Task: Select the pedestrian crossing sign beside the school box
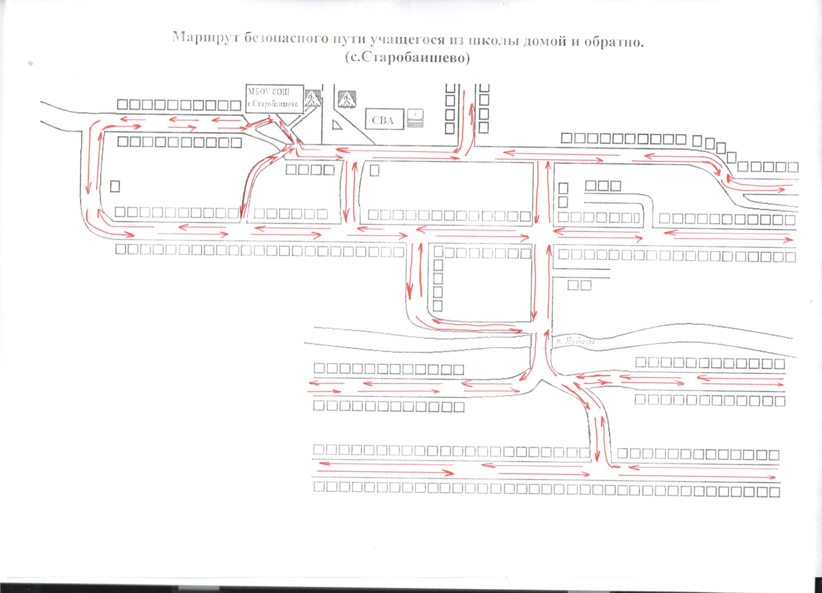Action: point(313,99)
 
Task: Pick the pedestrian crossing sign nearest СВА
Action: point(347,100)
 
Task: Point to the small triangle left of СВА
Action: point(337,124)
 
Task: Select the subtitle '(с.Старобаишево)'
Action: point(407,57)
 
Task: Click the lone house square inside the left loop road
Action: point(115,186)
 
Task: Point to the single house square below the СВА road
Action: point(374,170)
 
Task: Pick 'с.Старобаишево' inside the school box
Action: point(273,104)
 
